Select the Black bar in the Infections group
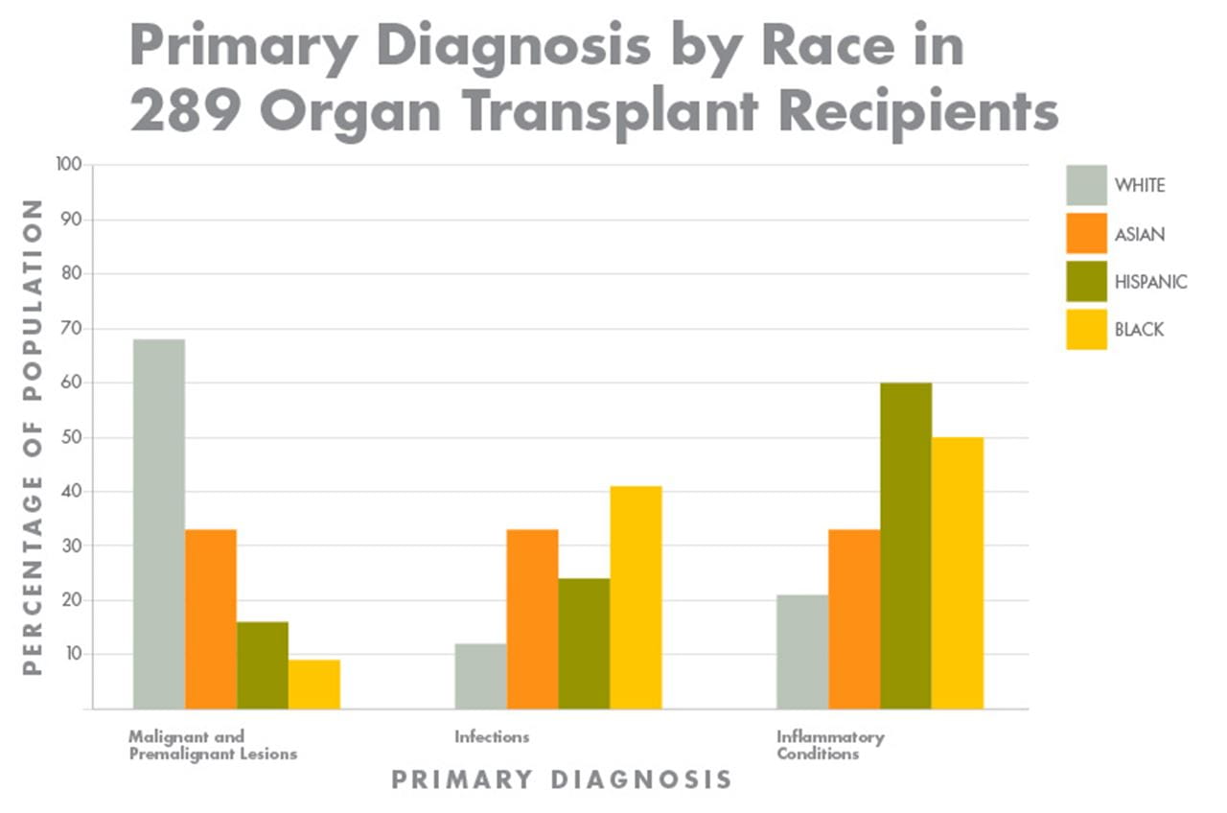pos(636,597)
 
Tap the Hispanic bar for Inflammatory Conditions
pos(906,546)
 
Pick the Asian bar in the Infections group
pos(532,619)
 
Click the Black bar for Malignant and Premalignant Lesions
pos(314,685)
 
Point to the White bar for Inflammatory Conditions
pos(802,652)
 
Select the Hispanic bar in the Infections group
pos(584,643)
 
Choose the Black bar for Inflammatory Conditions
pos(958,573)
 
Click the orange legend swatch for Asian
pos(1086,234)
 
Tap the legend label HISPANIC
pos(1150,282)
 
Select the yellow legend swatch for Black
pos(1086,330)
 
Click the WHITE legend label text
pos(1140,185)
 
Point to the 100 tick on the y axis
pos(70,166)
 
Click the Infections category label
pos(491,737)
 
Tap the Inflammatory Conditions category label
pos(829,745)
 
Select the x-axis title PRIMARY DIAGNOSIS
pos(561,779)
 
